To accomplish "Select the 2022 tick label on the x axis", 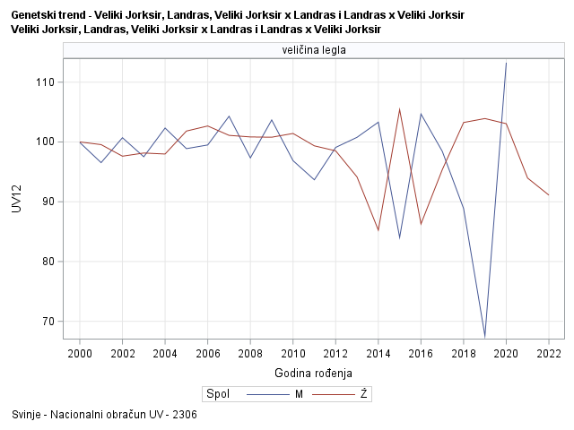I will pyautogui.click(x=549, y=354).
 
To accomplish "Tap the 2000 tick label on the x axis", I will pyautogui.click(x=80, y=354).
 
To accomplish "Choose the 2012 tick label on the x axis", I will pyautogui.click(x=335, y=354).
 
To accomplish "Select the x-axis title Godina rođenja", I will pyautogui.click(x=314, y=373).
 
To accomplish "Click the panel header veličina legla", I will pyautogui.click(x=314, y=51).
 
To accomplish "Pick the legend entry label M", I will pyautogui.click(x=299, y=393).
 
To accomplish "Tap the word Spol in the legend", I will pyautogui.click(x=217, y=393).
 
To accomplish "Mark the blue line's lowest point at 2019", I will pyautogui.click(x=484, y=337).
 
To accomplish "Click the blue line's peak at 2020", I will pyautogui.click(x=506, y=63).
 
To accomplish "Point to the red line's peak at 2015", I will pyautogui.click(x=399, y=109).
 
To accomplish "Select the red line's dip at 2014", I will pyautogui.click(x=378, y=230).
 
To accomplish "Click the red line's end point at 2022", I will pyautogui.click(x=548, y=195).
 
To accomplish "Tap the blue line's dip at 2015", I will pyautogui.click(x=399, y=238).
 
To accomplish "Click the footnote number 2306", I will pyautogui.click(x=185, y=415).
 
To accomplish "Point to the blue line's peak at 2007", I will pyautogui.click(x=229, y=116).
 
